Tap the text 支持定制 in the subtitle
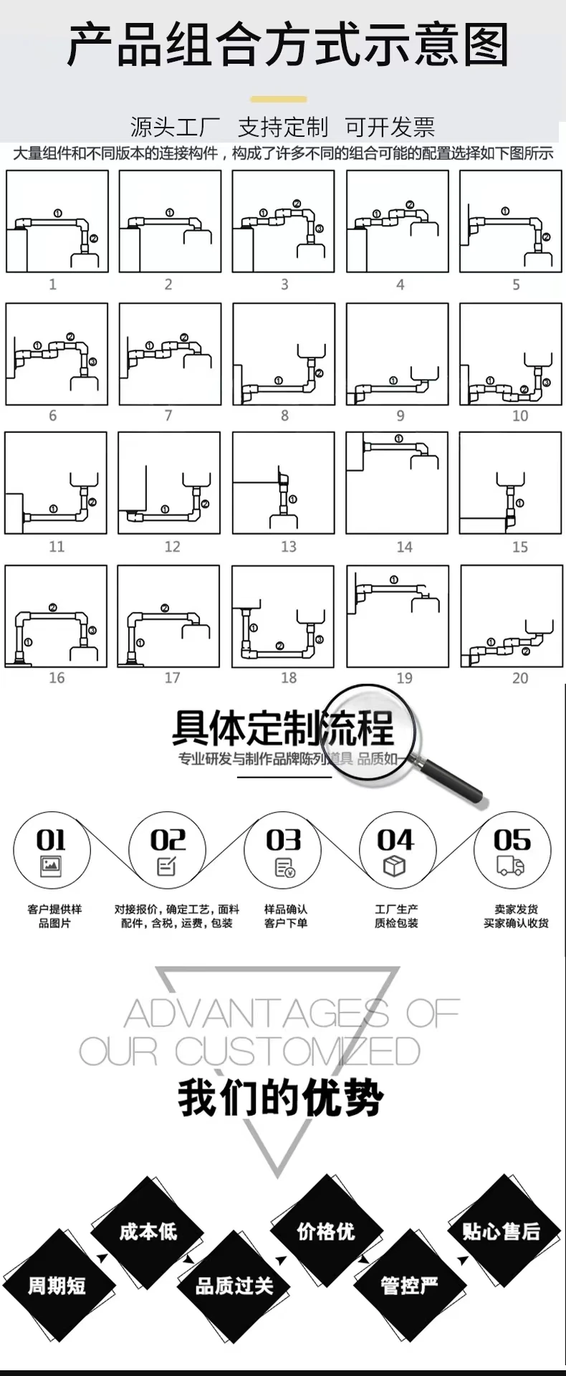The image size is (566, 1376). pyautogui.click(x=282, y=128)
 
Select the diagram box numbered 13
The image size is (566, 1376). pyautogui.click(x=283, y=482)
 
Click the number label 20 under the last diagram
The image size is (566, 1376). pyautogui.click(x=520, y=678)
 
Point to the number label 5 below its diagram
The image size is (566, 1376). pyautogui.click(x=516, y=285)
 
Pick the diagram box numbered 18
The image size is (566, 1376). pyautogui.click(x=283, y=616)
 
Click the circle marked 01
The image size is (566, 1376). pyautogui.click(x=52, y=851)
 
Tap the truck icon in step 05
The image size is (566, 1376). pyautogui.click(x=510, y=867)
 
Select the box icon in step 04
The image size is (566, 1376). pyautogui.click(x=395, y=867)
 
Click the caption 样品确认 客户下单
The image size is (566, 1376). pyautogui.click(x=285, y=916)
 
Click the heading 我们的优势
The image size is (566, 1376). pyautogui.click(x=281, y=1098)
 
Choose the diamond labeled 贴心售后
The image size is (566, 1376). pyautogui.click(x=501, y=1231)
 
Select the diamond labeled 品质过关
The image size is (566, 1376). pyautogui.click(x=234, y=1286)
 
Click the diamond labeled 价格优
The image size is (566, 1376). pyautogui.click(x=326, y=1231)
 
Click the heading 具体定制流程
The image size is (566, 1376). pyautogui.click(x=282, y=727)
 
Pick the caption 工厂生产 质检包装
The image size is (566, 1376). pyautogui.click(x=396, y=916)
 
